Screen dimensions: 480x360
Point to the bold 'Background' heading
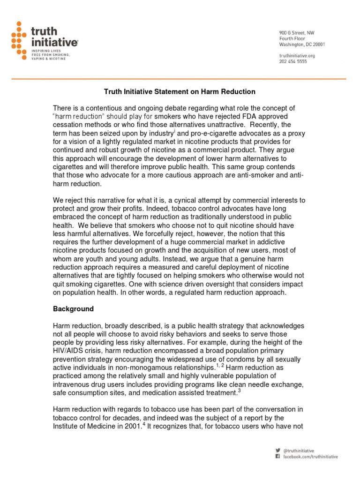(x=73, y=309)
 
